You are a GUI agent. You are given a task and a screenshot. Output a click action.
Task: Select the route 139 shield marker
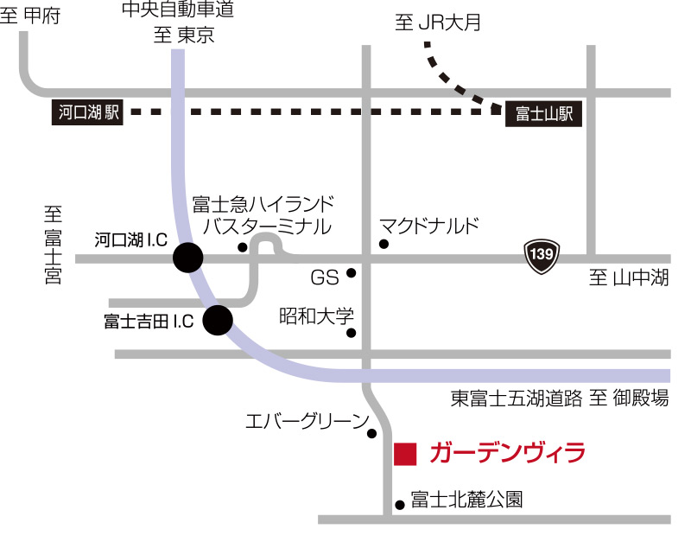(x=542, y=255)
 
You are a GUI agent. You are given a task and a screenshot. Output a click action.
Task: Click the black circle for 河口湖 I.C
(x=187, y=257)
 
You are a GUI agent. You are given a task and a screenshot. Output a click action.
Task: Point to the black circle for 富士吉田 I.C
(x=217, y=321)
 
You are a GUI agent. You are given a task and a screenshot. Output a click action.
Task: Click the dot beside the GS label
(x=352, y=273)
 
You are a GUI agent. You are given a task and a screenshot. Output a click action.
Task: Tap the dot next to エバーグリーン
(x=371, y=433)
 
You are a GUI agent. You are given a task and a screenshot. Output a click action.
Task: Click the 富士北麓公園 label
(x=466, y=500)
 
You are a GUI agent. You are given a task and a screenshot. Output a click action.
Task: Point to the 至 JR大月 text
(x=437, y=23)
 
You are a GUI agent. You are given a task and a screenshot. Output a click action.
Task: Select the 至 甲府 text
(x=31, y=16)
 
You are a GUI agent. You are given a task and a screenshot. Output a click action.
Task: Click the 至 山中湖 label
(x=628, y=278)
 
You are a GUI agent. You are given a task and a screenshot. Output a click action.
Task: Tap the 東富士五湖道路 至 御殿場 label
(x=560, y=399)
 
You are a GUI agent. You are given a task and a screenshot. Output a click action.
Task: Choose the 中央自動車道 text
(x=177, y=11)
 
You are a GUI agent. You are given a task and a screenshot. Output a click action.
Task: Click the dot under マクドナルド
(x=384, y=245)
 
